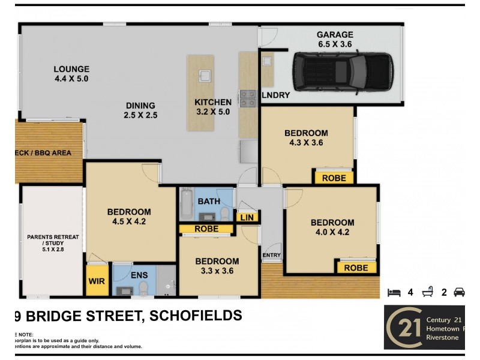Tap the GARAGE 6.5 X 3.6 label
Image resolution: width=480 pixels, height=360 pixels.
pos(335,39)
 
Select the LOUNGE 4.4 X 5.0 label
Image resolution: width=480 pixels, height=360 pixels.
pos(71,73)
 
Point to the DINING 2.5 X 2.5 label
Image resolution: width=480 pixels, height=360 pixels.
pos(140,110)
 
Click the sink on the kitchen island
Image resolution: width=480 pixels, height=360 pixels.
pos(205,75)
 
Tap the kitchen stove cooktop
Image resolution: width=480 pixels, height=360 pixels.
pos(247,98)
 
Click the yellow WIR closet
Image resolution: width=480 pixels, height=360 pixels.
pos(95,281)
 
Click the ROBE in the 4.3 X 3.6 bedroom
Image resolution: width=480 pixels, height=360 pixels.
pos(334,178)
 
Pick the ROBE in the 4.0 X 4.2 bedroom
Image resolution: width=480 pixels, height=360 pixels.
pos(356,268)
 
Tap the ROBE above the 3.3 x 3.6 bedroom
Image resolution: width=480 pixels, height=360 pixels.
pos(206,229)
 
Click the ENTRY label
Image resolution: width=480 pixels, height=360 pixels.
pos(271,256)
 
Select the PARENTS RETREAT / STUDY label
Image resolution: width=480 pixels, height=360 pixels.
pos(52,243)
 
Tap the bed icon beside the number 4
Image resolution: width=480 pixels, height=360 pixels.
pos(394,292)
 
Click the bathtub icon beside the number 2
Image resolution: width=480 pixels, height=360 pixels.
pos(428,292)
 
